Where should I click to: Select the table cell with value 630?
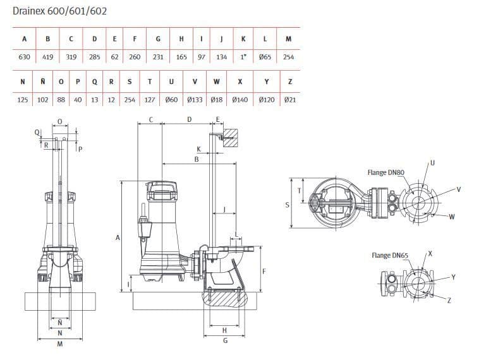coord(24,57)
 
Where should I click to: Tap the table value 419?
coord(47,57)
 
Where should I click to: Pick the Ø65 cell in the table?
coord(265,57)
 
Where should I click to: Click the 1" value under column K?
coord(243,57)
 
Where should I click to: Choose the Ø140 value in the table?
coord(240,100)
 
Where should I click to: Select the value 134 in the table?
coord(221,57)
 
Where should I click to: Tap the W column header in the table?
coord(217,81)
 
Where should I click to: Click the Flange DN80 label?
coord(386,172)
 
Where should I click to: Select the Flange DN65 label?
coord(390,255)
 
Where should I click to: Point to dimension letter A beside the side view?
coord(118,237)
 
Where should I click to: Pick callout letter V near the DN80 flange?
coord(459,189)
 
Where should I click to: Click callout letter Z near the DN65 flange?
coord(449,300)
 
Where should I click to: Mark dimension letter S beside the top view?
coord(287,205)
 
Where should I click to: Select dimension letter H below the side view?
coord(224,330)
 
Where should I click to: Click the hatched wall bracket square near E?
coord(229,137)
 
